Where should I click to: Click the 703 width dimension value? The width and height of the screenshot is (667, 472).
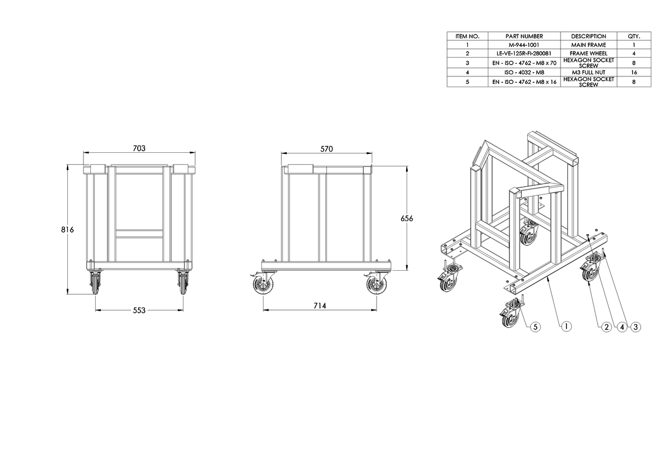(139, 148)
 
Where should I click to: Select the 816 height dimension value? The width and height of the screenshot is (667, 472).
(67, 229)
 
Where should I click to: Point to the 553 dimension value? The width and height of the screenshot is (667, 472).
(139, 310)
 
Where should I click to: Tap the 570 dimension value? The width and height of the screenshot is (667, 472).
(327, 149)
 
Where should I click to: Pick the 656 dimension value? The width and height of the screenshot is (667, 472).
(407, 219)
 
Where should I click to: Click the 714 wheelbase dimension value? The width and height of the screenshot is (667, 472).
(320, 306)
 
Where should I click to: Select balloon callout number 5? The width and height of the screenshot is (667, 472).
(535, 327)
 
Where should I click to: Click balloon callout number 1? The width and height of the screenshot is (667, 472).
(566, 326)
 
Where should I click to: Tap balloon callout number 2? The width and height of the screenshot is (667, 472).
(607, 327)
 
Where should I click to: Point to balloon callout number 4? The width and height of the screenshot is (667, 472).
(622, 327)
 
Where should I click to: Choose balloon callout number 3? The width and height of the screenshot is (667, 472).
(635, 327)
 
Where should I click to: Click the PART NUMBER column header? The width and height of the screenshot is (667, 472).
(524, 36)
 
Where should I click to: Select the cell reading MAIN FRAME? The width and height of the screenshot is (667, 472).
(588, 45)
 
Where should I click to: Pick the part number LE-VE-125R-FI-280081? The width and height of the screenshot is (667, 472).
(524, 53)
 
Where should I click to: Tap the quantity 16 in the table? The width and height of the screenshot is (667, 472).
(634, 72)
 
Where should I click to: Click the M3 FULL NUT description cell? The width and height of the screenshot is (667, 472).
(588, 72)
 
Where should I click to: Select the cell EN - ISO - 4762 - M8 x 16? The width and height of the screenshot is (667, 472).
(524, 82)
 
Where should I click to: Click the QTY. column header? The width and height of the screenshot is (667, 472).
(634, 36)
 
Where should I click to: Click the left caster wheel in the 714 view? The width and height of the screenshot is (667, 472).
(262, 284)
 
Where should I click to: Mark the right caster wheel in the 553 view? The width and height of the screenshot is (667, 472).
(183, 283)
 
